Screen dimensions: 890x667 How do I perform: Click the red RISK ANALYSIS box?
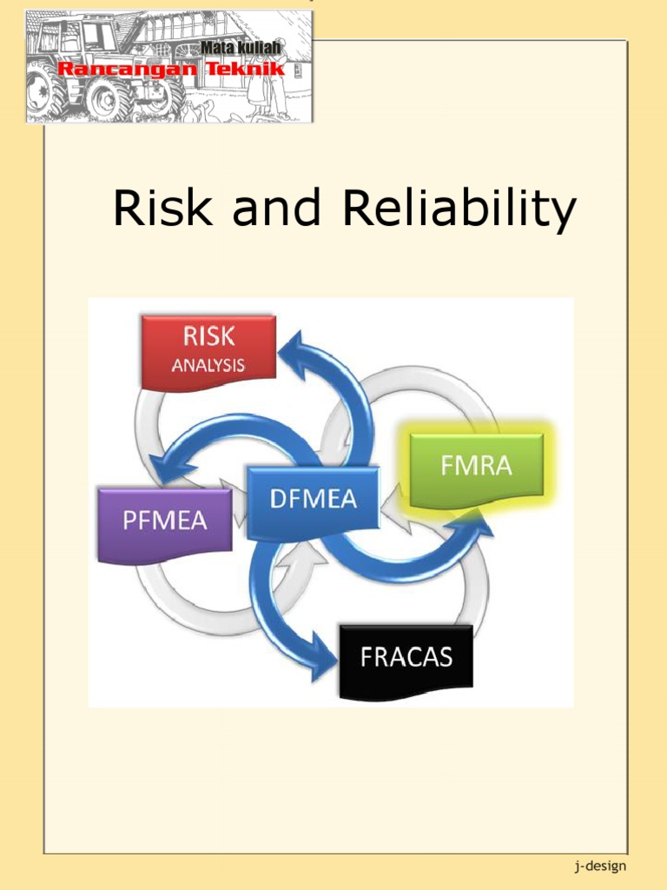click(x=208, y=352)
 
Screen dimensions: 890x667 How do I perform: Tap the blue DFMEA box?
click(x=313, y=502)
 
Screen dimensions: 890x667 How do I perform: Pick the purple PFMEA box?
click(x=165, y=522)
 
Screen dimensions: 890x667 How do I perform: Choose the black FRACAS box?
click(x=406, y=658)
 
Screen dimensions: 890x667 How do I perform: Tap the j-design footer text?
click(x=599, y=866)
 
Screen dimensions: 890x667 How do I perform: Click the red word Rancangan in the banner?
click(x=119, y=67)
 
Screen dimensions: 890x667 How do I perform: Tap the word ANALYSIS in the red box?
click(x=208, y=365)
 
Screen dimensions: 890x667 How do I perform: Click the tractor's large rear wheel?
click(x=45, y=92)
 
